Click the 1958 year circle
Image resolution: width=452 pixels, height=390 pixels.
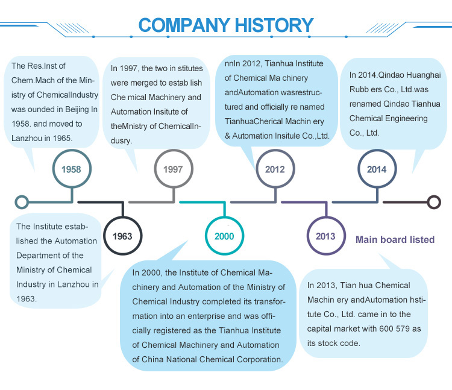click(x=71, y=169)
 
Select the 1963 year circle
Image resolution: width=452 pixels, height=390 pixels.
click(x=122, y=236)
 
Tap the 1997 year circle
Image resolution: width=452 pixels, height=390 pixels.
click(x=173, y=169)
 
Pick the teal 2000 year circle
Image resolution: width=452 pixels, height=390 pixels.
click(x=224, y=236)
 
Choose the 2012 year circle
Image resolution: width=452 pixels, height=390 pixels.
click(x=275, y=169)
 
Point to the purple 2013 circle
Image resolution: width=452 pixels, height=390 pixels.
click(x=325, y=236)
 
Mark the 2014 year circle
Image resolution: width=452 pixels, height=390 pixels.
click(x=377, y=169)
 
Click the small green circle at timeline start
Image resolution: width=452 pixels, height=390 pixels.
click(x=22, y=202)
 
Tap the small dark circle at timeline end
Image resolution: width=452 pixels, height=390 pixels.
click(x=433, y=202)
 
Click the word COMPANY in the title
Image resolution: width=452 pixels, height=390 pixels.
click(x=182, y=25)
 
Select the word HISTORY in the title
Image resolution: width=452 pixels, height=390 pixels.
click(x=274, y=25)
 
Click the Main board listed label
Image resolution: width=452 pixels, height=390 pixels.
click(x=395, y=239)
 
